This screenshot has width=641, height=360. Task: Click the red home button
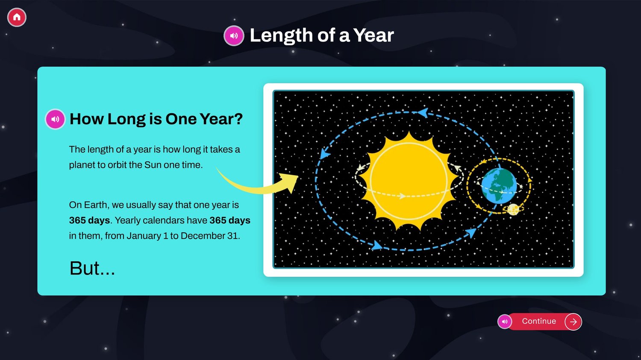[17, 17]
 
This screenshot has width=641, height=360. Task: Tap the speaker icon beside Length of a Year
[234, 36]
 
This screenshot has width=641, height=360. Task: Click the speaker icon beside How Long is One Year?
[55, 119]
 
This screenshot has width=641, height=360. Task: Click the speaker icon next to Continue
[505, 322]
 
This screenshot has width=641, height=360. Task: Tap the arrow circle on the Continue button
[573, 322]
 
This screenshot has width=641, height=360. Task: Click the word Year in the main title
[373, 35]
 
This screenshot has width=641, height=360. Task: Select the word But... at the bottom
[92, 268]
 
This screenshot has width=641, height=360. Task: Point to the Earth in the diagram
[499, 186]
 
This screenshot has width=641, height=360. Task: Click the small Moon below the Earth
[513, 209]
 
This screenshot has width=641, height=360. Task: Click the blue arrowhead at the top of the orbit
[423, 112]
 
